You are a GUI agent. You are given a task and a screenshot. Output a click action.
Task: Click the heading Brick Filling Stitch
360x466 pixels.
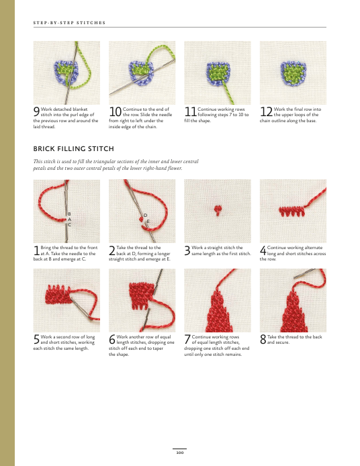coord(73,148)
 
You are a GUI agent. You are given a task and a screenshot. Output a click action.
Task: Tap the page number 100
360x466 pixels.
coord(180,453)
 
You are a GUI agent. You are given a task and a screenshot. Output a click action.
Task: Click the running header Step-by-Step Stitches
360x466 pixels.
coord(69,23)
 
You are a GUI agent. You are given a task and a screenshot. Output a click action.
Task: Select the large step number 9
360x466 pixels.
coord(36,111)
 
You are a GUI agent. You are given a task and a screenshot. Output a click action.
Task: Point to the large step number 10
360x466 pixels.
coord(115,111)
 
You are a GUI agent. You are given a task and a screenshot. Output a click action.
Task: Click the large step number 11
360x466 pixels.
coord(190,111)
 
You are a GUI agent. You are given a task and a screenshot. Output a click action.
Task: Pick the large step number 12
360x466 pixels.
coord(266,111)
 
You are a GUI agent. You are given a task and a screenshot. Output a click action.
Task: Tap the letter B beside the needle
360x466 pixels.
coord(69,214)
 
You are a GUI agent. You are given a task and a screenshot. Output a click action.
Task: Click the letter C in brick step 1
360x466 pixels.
coord(70,225)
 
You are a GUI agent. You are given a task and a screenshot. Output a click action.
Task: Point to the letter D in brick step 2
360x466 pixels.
coord(146,215)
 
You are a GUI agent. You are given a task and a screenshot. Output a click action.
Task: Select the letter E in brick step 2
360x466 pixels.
coord(148,222)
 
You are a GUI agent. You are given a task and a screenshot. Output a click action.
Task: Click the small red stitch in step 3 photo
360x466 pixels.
coord(218,210)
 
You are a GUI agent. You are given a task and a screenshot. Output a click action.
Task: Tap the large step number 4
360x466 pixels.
coord(263,250)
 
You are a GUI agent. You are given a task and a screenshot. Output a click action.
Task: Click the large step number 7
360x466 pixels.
coord(187,340)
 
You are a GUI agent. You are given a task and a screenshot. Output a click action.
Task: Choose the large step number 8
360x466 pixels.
coord(263,340)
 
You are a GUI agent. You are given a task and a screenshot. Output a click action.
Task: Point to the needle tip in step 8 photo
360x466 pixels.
coord(294,278)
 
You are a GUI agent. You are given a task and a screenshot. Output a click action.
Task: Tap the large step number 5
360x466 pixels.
coord(36,340)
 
